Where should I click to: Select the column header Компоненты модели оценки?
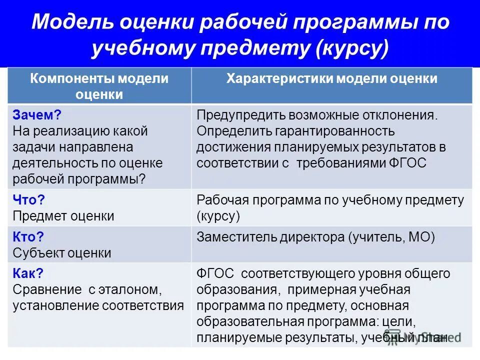click(x=99, y=86)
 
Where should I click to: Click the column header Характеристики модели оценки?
click(x=331, y=79)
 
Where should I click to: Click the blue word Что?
click(x=29, y=200)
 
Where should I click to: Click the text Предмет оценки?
click(x=63, y=216)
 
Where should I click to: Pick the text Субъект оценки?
click(x=62, y=253)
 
